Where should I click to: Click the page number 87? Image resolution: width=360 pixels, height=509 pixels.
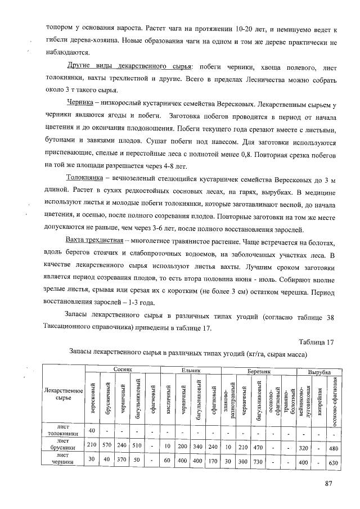(330, 484)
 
